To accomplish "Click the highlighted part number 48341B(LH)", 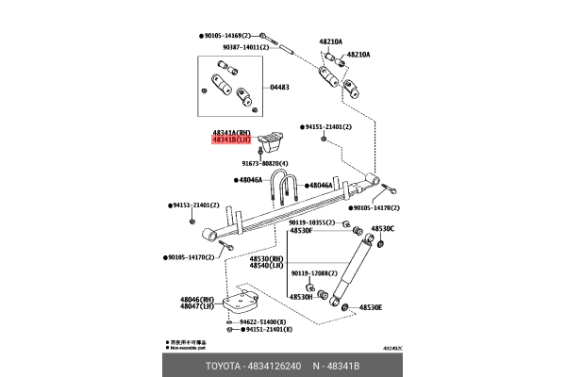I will [231, 140].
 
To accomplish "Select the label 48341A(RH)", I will [231, 133].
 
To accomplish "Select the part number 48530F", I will [301, 230].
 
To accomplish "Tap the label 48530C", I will [382, 229].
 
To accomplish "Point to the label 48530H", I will [301, 297].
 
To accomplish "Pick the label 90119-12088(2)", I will [314, 273].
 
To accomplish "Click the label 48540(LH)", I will [266, 266].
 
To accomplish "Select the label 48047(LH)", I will [199, 307].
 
